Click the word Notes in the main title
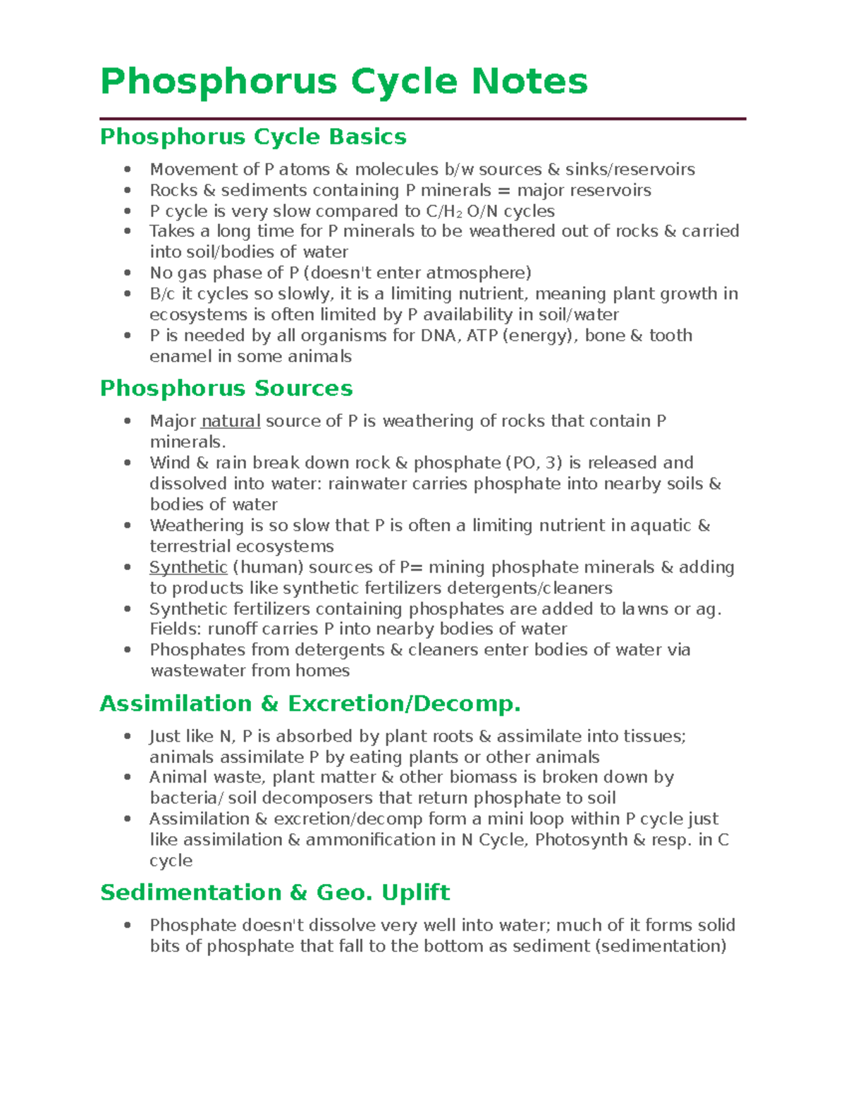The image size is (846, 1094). pos(529,81)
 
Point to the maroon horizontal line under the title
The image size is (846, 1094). pos(422,119)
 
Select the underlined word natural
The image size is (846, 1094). pos(231,421)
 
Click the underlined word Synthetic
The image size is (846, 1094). pos(188,568)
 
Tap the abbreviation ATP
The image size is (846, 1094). pos(482,336)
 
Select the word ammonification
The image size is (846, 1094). pos(371,840)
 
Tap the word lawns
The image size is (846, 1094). pos(644,609)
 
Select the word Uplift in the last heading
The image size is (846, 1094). pos(415,893)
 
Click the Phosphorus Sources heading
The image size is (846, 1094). pos(226,388)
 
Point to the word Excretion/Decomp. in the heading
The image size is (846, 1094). pos(404,704)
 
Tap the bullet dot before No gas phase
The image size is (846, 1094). pos(127,273)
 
